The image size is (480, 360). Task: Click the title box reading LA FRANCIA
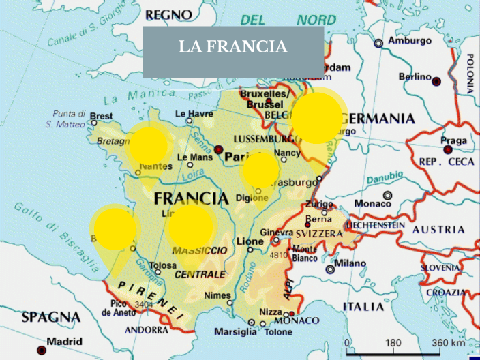233,48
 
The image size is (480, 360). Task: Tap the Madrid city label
64,341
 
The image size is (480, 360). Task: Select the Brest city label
101,117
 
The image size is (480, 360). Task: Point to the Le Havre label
194,114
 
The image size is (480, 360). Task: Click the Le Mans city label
194,157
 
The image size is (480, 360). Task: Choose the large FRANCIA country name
191,198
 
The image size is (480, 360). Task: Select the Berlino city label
415,78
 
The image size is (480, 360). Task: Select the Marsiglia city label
233,332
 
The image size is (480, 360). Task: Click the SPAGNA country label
50,317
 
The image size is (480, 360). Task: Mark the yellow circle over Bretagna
149,144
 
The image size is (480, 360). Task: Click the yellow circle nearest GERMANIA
317,118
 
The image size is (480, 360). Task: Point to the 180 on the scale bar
393,342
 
